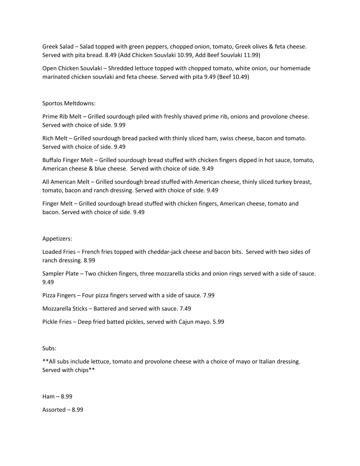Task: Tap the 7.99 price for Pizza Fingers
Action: pyautogui.click(x=207, y=295)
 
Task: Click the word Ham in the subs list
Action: pyautogui.click(x=49, y=396)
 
